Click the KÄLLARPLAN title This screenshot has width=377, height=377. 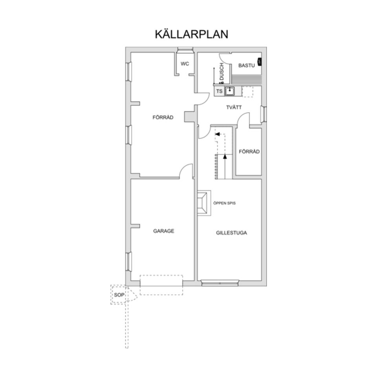coord(191,34)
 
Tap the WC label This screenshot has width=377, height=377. coord(185,64)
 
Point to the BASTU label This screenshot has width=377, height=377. coord(246,66)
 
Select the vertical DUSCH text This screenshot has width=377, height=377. coord(221,72)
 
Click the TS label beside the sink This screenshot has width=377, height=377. coord(220,92)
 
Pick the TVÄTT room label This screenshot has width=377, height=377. coord(234,107)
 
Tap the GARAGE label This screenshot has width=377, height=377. coord(163,231)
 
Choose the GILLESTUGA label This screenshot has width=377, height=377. coord(231,232)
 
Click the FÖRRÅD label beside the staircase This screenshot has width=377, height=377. coord(249,152)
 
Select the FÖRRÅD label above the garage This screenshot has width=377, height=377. coord(163,117)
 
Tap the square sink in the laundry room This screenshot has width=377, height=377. coord(230,91)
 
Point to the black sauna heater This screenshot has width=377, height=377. coord(260,62)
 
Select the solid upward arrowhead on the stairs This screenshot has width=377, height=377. coord(225,156)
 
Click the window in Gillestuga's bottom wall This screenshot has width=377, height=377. coord(220,283)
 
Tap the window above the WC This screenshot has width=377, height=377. coord(185,49)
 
